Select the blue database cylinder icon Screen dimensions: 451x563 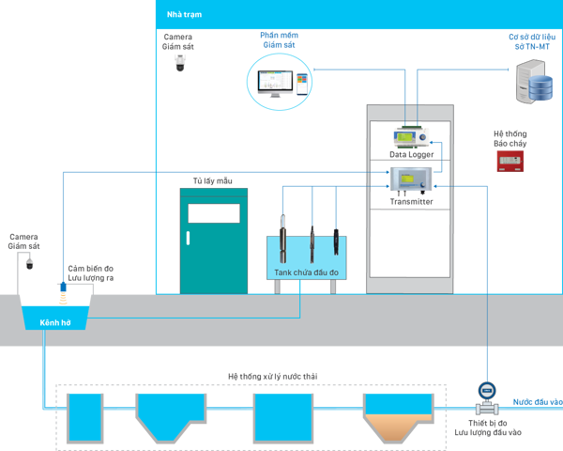point(540,89)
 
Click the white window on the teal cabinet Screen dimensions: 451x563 point(214,213)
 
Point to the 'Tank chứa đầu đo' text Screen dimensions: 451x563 point(306,272)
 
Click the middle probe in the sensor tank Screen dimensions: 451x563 point(312,242)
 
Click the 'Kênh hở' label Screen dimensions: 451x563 point(55,322)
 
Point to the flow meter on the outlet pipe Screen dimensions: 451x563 point(486,399)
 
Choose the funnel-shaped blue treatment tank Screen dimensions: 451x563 point(170,413)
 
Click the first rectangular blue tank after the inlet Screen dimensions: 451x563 point(84,416)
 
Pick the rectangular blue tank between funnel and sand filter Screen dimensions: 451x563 point(282,416)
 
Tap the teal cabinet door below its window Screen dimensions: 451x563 point(214,258)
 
